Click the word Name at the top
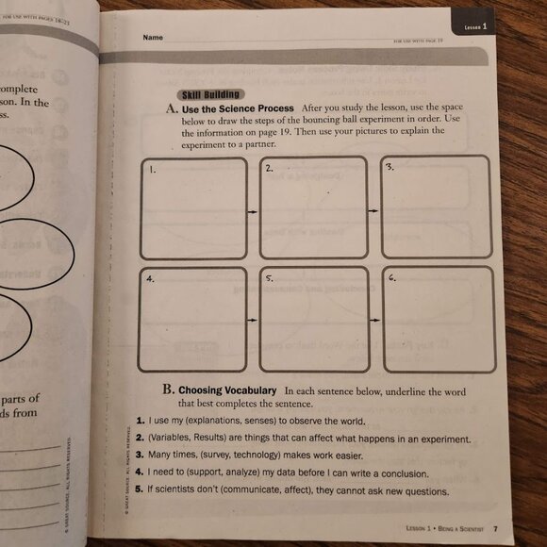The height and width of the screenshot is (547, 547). point(153,37)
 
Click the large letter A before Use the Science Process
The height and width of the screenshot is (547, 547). point(172,109)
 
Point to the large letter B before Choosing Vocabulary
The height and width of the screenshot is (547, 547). point(167,389)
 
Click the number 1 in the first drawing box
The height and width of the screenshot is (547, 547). point(151,172)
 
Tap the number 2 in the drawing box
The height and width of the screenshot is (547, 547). point(269,169)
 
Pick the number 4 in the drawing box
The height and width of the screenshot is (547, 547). point(149,280)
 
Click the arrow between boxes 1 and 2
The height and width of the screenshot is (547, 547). point(252,212)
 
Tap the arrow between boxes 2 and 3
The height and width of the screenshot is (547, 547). point(373,210)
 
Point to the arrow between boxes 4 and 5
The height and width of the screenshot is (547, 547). point(252,321)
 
